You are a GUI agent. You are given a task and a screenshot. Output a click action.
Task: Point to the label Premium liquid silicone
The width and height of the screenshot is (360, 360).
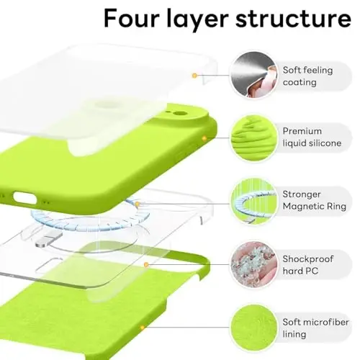pos(312,138)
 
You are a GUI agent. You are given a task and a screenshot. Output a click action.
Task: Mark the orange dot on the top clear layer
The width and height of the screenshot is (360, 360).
pos(194,74)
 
